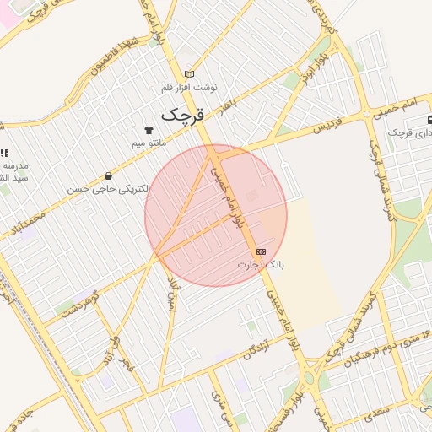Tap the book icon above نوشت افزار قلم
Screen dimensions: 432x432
pos(189,74)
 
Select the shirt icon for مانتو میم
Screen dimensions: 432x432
pos(149,131)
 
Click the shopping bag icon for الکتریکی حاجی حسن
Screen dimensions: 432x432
pos(108,176)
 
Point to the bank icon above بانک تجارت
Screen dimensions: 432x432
pos(261,251)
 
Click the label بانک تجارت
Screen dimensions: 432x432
pos(261,264)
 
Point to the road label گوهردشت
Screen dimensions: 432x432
pos(81,303)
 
